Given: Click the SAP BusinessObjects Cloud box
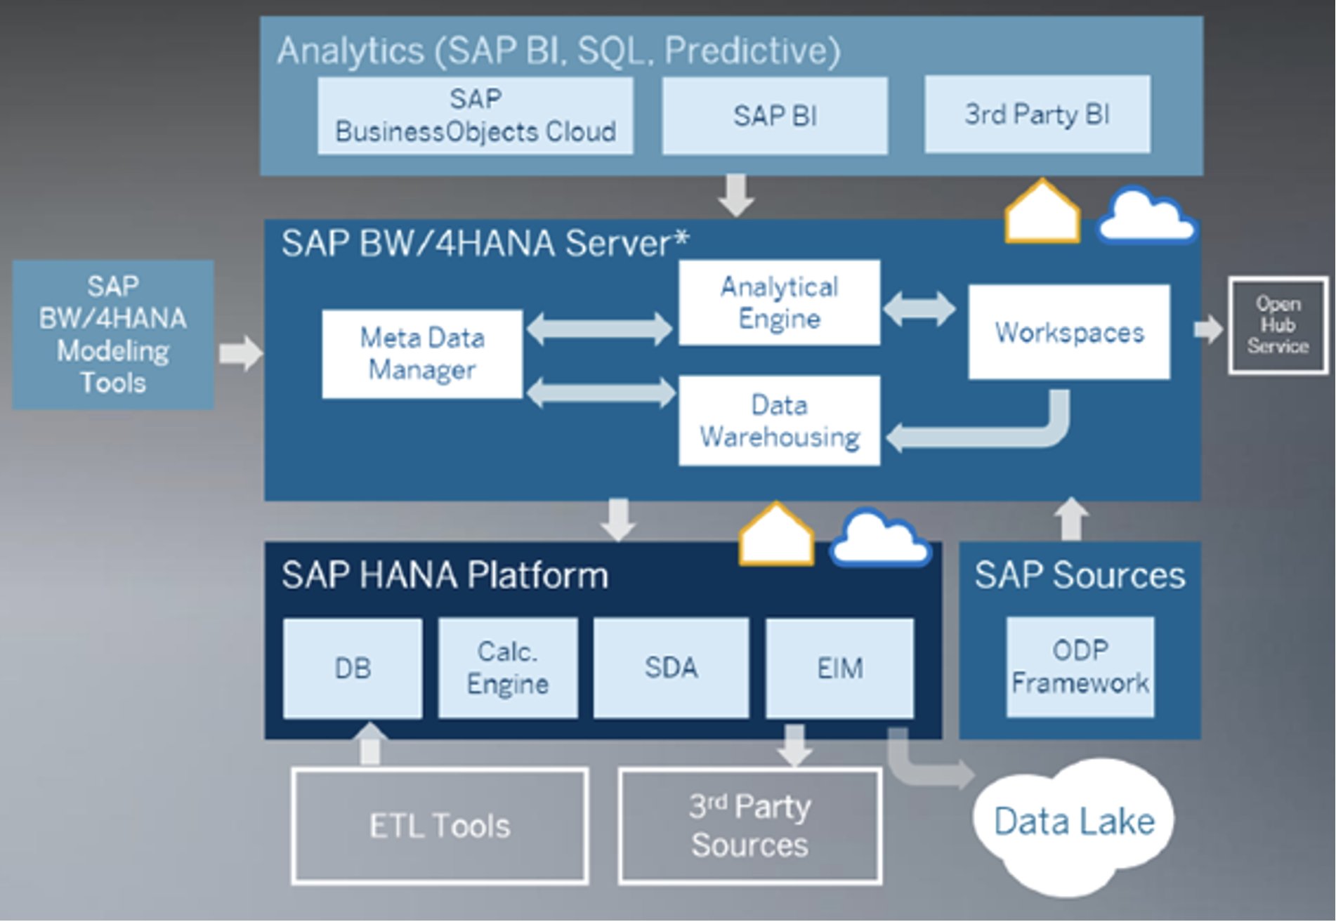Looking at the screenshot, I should tap(475, 116).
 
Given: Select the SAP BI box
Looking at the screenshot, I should tap(774, 116).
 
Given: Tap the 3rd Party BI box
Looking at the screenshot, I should tap(1037, 114).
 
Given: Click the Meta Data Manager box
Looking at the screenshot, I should tap(422, 354).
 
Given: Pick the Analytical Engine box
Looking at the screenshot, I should tap(779, 303).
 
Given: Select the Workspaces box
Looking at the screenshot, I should tap(1068, 332).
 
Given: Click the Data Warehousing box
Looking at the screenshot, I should tap(779, 421).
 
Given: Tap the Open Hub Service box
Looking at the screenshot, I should tap(1278, 325).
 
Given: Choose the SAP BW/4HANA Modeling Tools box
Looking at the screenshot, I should tap(113, 335).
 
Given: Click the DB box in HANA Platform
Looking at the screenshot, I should tap(353, 668).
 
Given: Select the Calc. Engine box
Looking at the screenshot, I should tap(508, 668).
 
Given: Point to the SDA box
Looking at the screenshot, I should tap(671, 668).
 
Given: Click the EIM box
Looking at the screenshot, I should tap(839, 668).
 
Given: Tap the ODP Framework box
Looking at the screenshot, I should tap(1080, 667).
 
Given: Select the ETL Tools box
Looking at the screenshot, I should tap(440, 826).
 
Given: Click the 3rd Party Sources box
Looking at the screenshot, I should tap(749, 826).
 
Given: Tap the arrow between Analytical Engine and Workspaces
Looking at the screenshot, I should tap(919, 308).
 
